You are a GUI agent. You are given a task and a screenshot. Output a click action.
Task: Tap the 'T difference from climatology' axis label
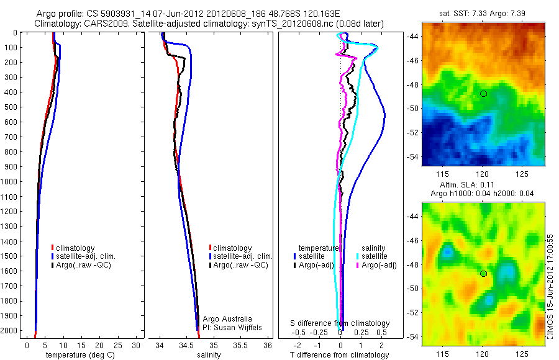point(339,355)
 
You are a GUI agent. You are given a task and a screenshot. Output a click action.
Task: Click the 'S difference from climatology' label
point(340,323)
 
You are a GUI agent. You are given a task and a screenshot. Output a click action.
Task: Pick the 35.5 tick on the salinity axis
point(240,345)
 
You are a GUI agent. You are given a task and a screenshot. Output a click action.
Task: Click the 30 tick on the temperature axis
point(137,345)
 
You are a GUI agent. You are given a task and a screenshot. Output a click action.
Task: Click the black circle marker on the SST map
point(483,94)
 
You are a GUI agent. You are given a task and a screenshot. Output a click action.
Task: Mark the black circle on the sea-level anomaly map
point(483,274)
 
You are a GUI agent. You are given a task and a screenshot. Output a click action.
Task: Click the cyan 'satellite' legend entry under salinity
point(374,256)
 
